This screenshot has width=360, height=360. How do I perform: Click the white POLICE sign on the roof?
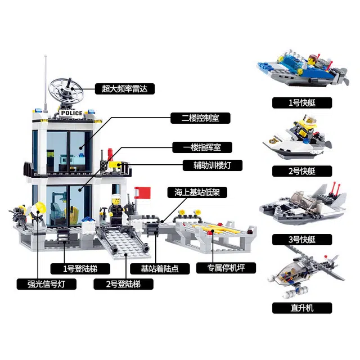[x=71, y=113]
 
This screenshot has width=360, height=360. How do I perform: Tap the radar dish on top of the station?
[x=65, y=89]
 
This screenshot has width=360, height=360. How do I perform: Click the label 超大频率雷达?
[x=125, y=89]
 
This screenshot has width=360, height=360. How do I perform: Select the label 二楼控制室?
[x=200, y=118]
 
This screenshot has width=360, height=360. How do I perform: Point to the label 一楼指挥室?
[x=202, y=147]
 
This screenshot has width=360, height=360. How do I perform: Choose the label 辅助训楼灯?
[x=213, y=165]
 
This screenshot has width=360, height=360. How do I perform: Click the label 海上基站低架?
[x=197, y=192]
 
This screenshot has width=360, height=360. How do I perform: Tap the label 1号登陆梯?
[x=80, y=269]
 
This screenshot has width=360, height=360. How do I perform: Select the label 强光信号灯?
[x=46, y=284]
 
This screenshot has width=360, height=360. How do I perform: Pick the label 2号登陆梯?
[x=123, y=284]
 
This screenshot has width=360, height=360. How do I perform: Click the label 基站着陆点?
[x=160, y=269]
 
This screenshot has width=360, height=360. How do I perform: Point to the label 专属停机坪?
[x=226, y=268]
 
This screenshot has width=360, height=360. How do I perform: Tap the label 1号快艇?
[x=302, y=102]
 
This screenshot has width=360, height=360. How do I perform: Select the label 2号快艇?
[x=302, y=171]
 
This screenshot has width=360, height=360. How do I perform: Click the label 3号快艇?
[x=302, y=240]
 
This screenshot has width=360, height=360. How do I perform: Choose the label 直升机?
[x=302, y=308]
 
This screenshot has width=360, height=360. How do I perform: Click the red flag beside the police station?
[x=143, y=192]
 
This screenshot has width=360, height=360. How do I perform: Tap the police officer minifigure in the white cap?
[x=116, y=211]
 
